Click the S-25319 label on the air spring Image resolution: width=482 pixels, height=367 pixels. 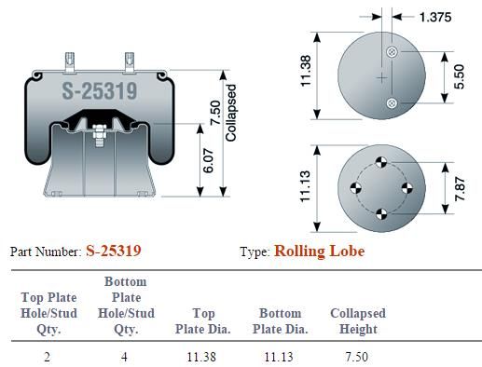(99, 91)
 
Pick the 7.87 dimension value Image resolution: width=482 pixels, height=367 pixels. (457, 189)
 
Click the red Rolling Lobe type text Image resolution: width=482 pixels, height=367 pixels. (319, 251)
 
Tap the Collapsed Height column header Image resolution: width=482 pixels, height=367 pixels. (358, 321)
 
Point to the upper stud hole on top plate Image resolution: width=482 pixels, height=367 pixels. (392, 52)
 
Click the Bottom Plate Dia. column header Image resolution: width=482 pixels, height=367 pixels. (280, 321)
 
